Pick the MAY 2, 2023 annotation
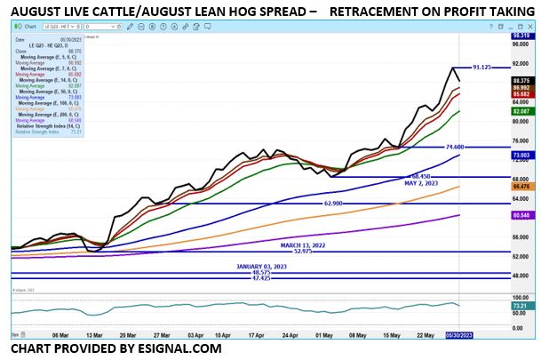click(418, 184)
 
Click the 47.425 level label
click(260, 278)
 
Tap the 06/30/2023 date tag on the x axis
click(471, 335)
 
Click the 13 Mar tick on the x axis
click(93, 335)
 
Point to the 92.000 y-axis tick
click(521, 63)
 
